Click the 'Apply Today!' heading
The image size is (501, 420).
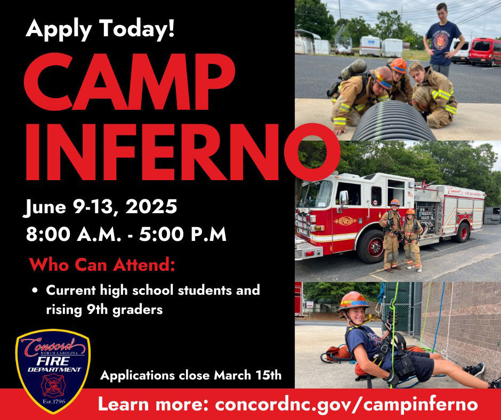(100, 28)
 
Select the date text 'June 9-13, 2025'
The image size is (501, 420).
(101, 207)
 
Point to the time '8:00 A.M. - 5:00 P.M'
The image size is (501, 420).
(126, 234)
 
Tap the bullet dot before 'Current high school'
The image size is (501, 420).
(35, 292)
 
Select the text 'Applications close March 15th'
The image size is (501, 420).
(191, 375)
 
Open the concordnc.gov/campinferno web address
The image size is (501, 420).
(346, 404)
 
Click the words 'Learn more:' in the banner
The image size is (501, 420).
(154, 404)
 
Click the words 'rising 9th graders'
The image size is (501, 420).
(104, 310)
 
